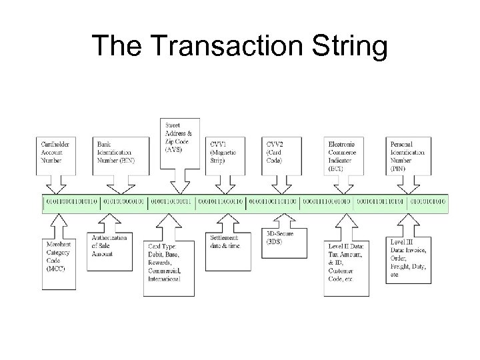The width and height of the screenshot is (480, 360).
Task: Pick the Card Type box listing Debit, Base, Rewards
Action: point(169,264)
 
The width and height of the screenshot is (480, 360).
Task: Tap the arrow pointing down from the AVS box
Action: point(179,182)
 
